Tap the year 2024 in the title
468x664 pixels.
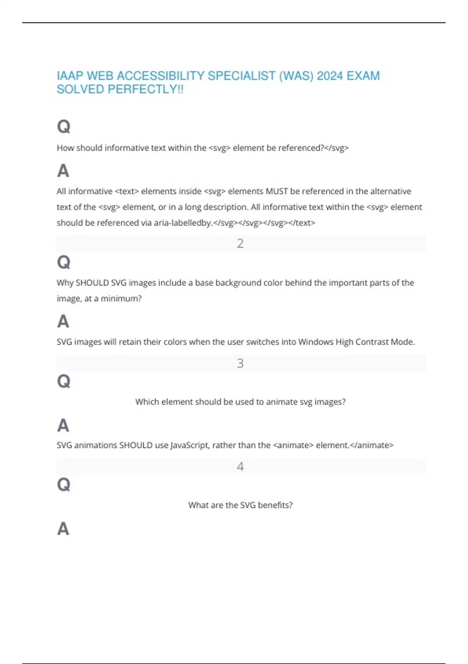pos(330,76)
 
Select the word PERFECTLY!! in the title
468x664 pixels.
pos(145,89)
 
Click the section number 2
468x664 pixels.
pos(240,243)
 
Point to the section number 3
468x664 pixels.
pos(240,363)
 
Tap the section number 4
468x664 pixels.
pos(240,466)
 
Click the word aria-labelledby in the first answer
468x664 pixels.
pos(183,223)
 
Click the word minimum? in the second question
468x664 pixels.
pos(121,298)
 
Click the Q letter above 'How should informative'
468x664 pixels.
pos(64,127)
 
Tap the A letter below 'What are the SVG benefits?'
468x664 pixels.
pos(63,529)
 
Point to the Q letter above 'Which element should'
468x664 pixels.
pos(64,381)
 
